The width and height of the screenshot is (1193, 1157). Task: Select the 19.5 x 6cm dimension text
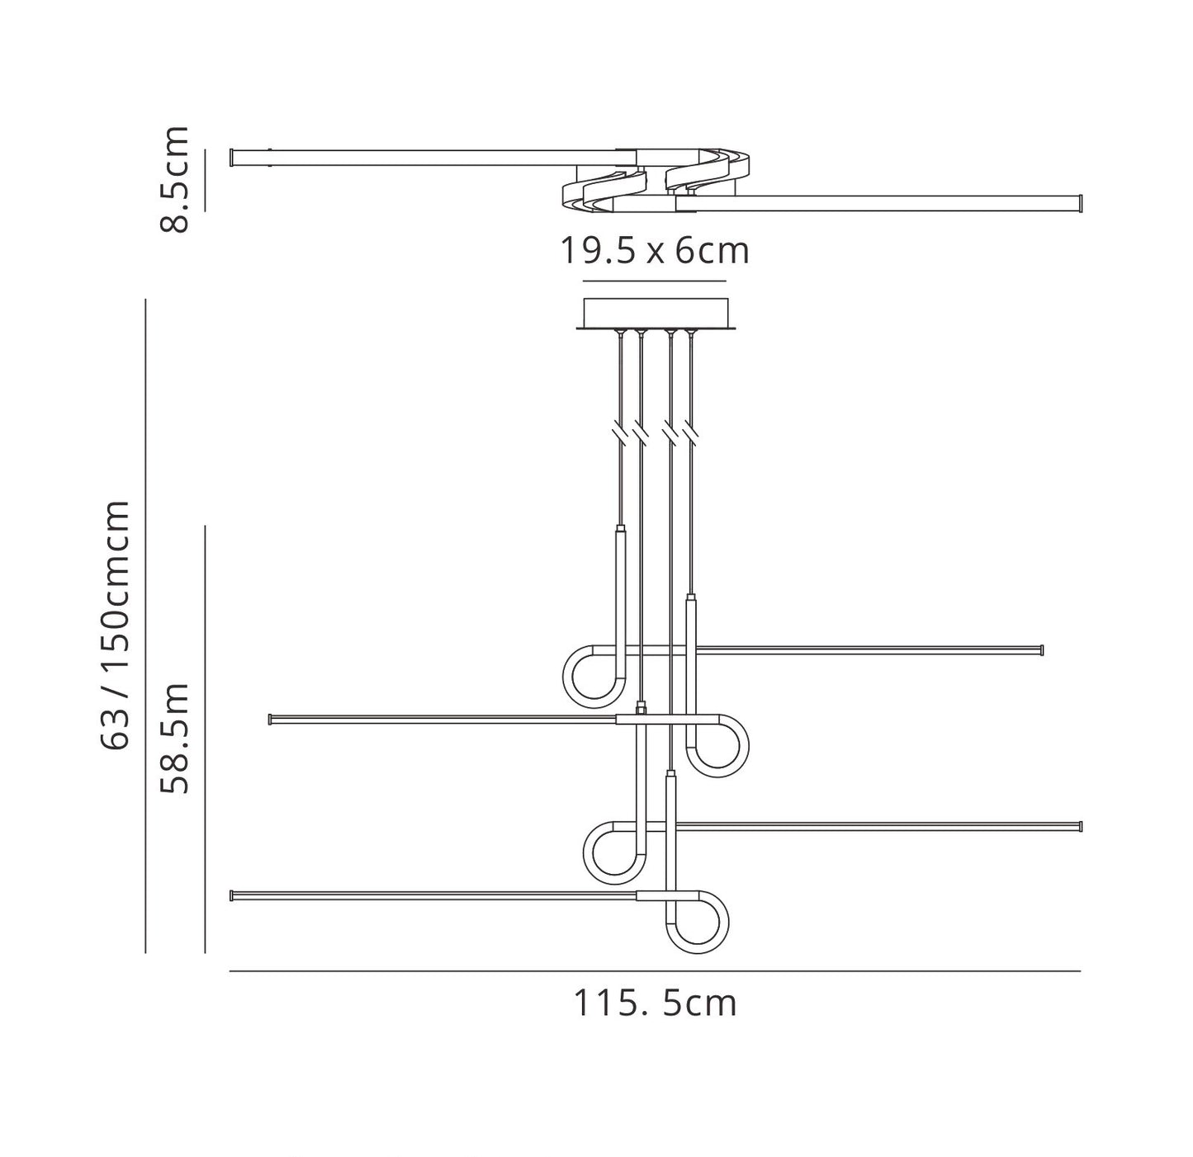[655, 251]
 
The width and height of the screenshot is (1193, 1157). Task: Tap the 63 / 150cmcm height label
[115, 625]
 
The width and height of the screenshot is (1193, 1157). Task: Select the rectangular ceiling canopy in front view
[656, 314]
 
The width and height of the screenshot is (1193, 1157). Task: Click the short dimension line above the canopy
[655, 281]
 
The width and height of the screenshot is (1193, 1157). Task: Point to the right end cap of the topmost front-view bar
[1042, 650]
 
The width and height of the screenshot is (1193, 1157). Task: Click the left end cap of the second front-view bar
[270, 720]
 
